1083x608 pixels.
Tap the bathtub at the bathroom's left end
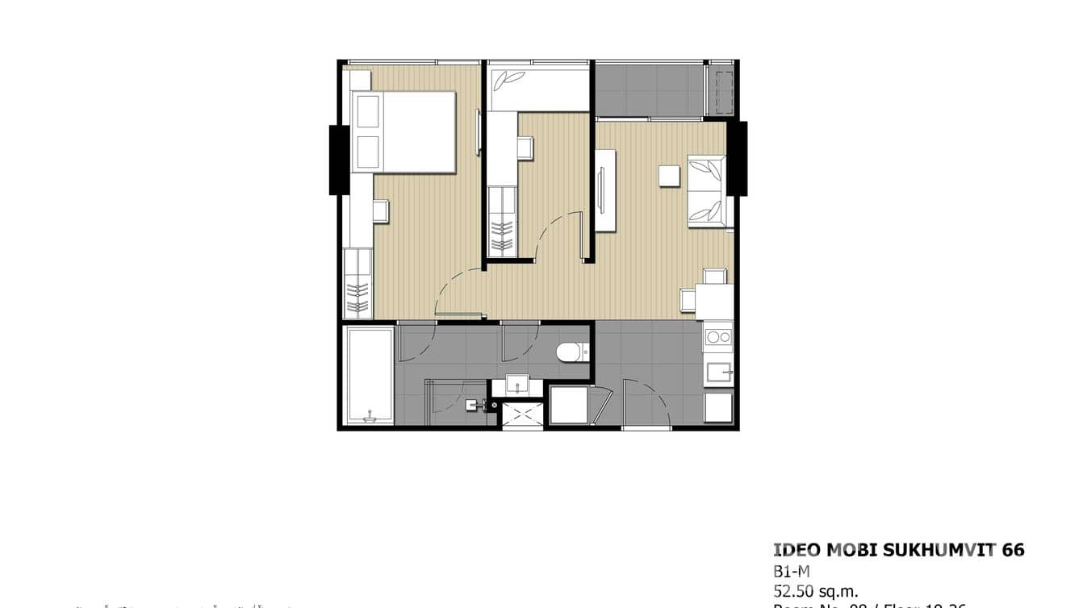point(369,374)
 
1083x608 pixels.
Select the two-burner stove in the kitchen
point(717,337)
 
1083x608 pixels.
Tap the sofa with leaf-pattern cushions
point(707,192)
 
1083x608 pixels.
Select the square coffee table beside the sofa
point(669,176)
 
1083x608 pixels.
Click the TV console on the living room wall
point(604,190)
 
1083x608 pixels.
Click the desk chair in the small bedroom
point(525,148)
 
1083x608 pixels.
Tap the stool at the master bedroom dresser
point(381,211)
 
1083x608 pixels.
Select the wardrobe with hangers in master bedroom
point(358,284)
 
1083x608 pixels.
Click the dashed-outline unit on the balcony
point(721,90)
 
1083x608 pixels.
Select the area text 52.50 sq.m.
point(815,590)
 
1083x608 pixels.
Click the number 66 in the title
point(1014,550)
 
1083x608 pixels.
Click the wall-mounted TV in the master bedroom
point(479,131)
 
